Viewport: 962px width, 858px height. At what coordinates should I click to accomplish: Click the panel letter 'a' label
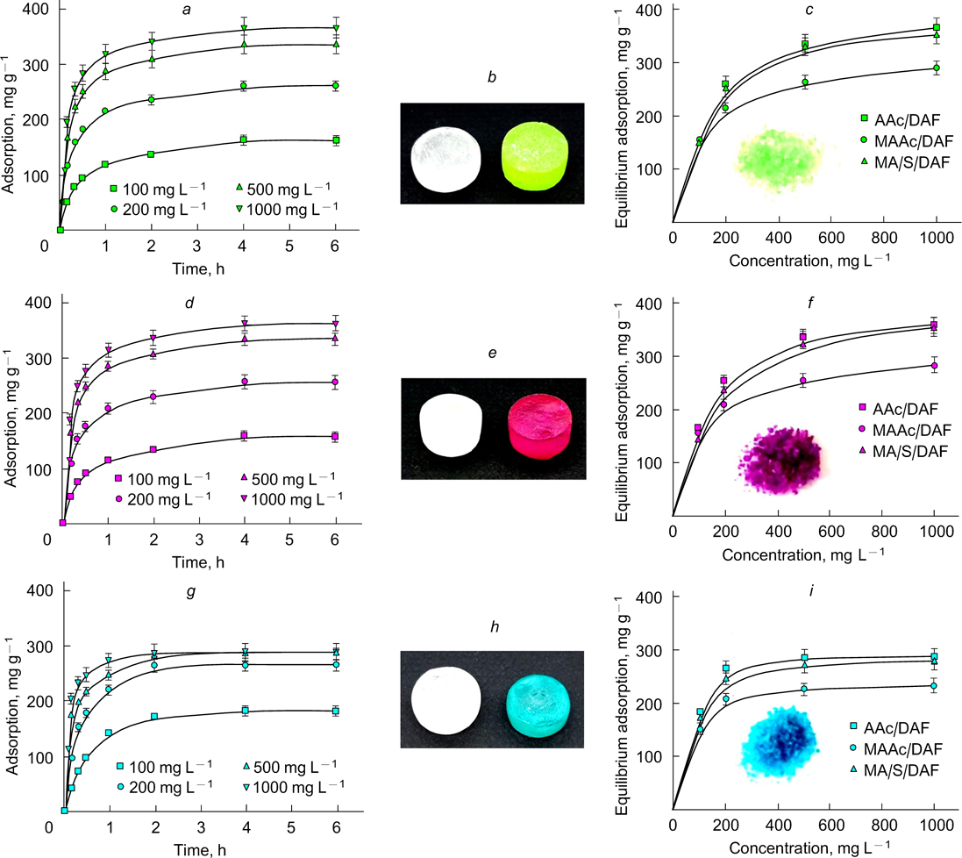[x=198, y=8]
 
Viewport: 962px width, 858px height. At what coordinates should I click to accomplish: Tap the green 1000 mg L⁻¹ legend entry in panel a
[x=286, y=207]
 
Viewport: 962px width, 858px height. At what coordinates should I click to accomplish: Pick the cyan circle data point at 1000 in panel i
[x=935, y=686]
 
